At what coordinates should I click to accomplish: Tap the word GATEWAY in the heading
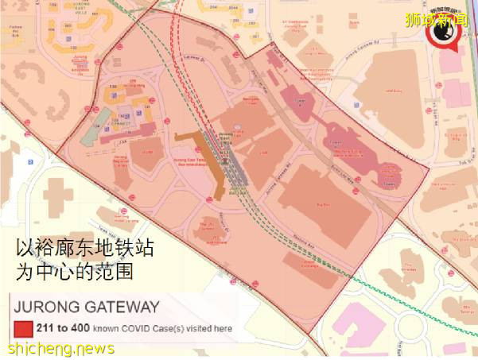pos(120,306)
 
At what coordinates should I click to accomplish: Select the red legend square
pos(20,327)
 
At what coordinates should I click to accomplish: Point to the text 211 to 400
pos(59,327)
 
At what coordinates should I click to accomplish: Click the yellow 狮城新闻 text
pos(449,17)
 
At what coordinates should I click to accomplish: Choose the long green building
pos(101,123)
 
